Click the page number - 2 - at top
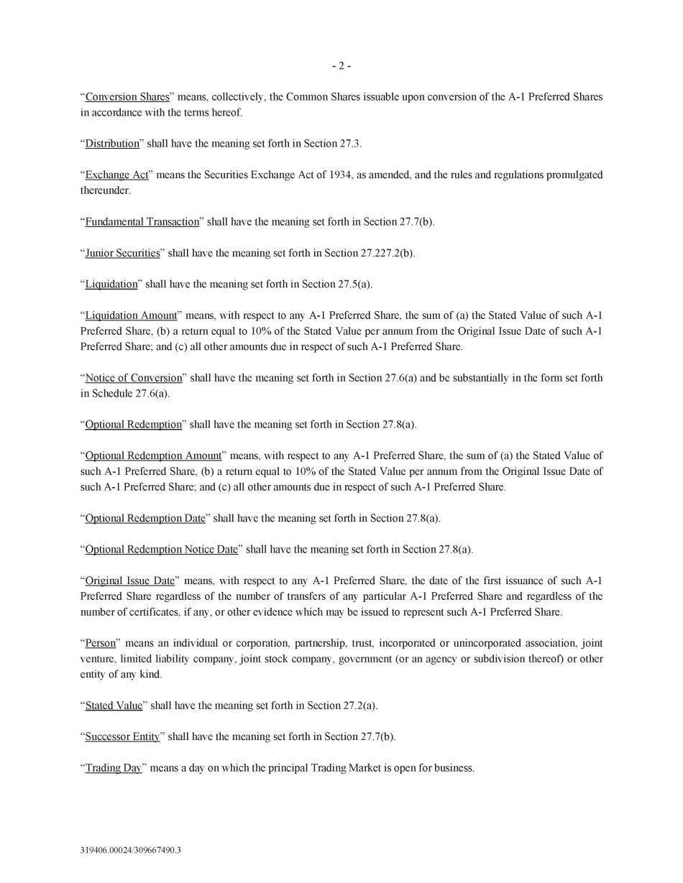[x=341, y=66]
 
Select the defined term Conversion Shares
[x=127, y=97]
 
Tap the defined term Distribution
[x=112, y=144]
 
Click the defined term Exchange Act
[x=117, y=175]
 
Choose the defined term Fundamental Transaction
[x=142, y=222]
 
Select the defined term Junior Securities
[x=122, y=253]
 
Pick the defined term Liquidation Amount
[x=131, y=315]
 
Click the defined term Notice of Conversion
[x=134, y=378]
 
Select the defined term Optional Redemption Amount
[x=153, y=456]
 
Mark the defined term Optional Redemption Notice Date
[x=161, y=550]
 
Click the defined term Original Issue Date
[x=129, y=581]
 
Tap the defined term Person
[x=101, y=643]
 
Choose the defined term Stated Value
[x=114, y=706]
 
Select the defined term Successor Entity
[x=122, y=737]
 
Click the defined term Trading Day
[x=114, y=768]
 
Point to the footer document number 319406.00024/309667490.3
[x=131, y=851]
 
